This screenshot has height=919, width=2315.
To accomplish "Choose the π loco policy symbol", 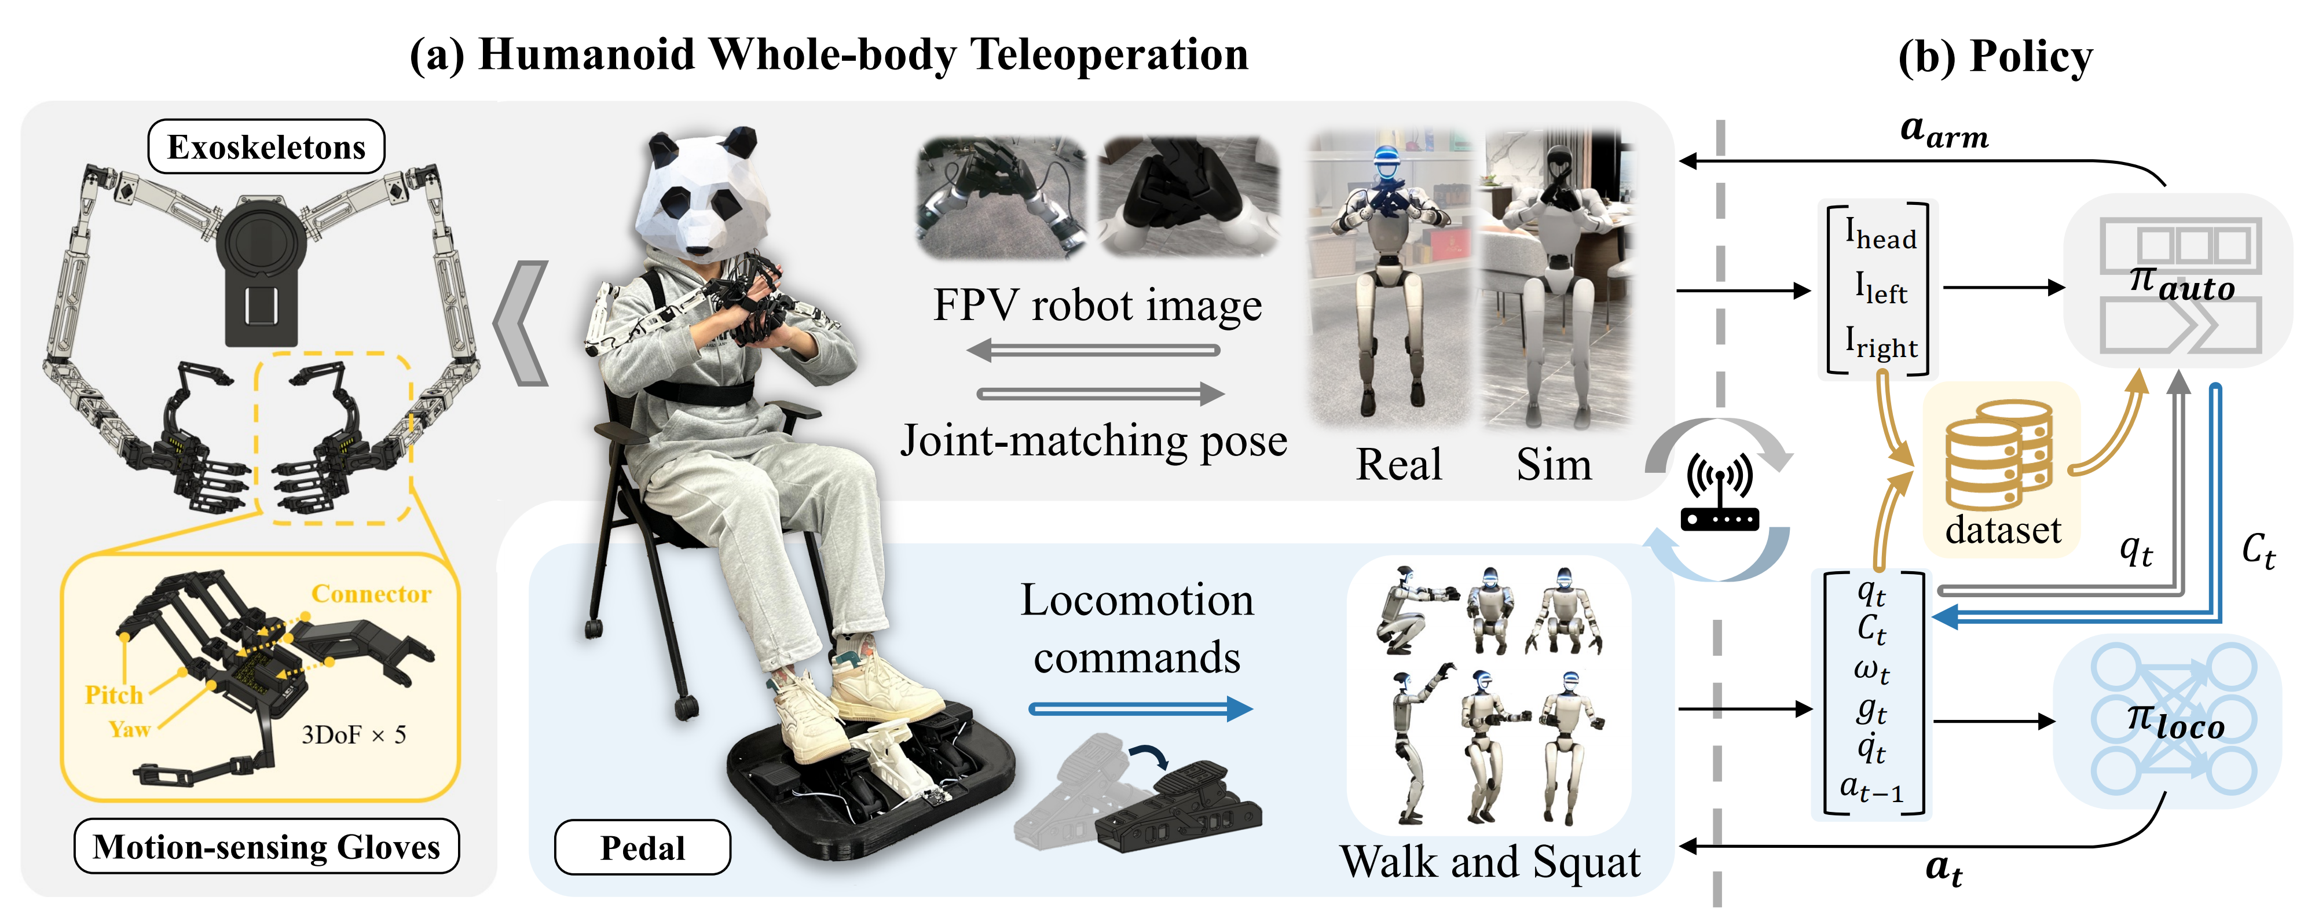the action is point(2175,721).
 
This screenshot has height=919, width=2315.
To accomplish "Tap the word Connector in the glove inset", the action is point(371,594).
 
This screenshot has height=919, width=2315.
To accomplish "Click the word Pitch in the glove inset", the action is point(113,694).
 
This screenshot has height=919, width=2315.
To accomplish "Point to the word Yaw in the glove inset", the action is point(129,729).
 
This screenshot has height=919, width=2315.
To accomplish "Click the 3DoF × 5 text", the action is point(353,735).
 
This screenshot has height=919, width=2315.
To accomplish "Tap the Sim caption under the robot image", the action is point(1553,465).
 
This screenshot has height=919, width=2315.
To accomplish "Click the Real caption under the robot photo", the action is point(1398,465).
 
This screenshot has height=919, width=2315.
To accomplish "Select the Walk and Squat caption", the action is point(1489,862).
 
